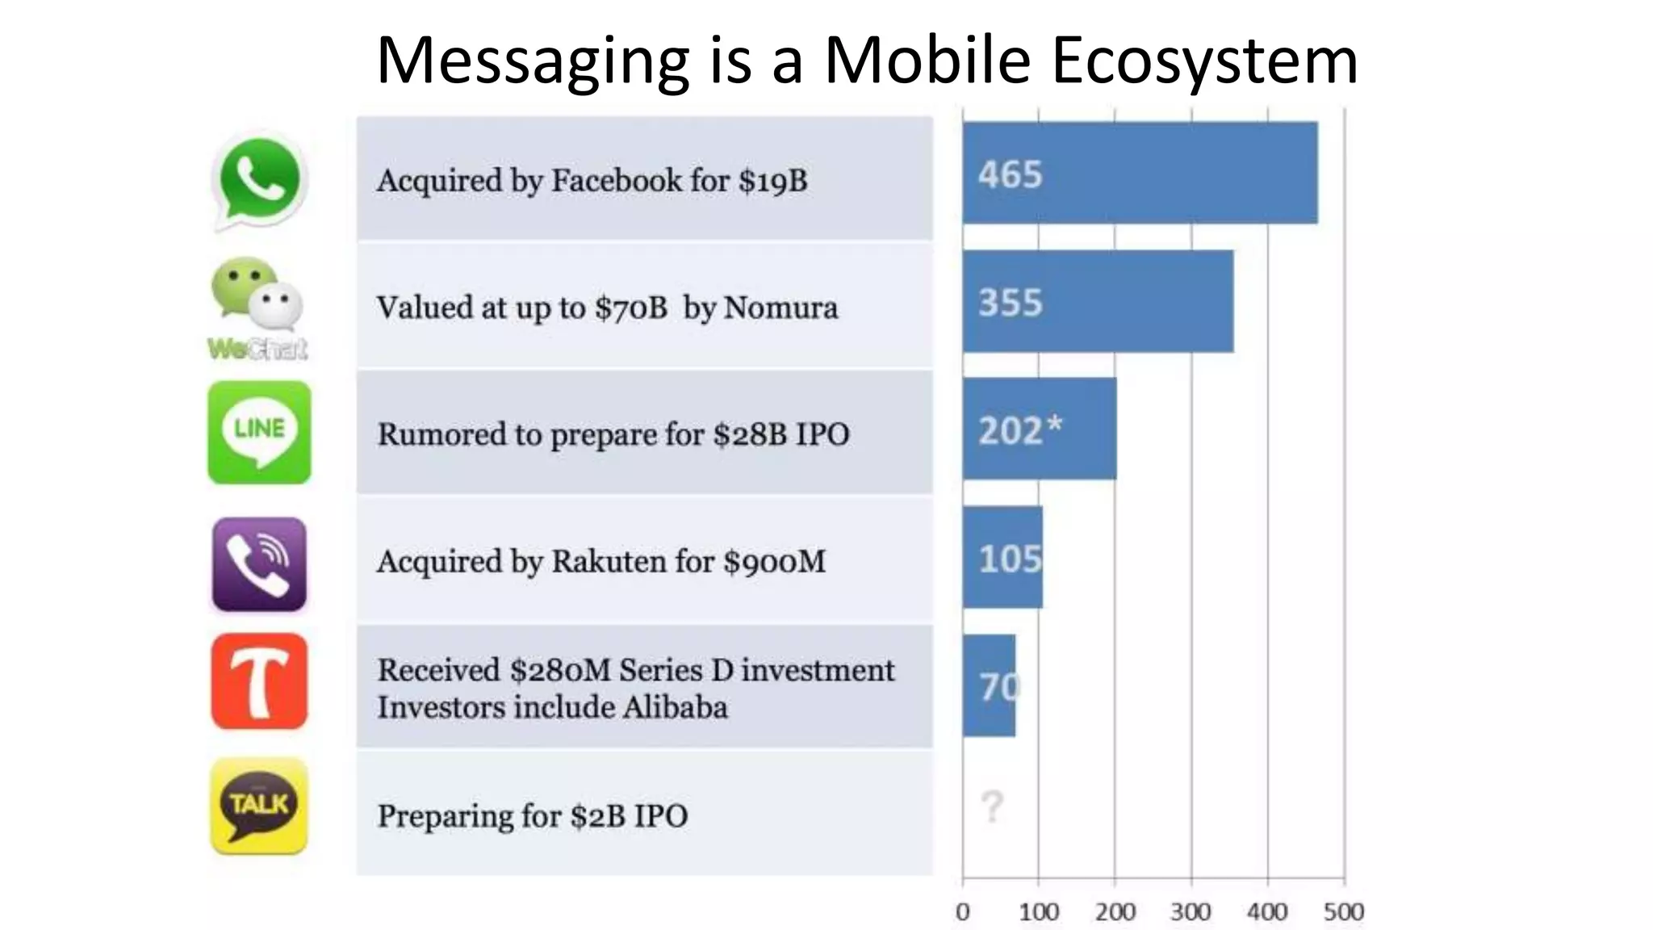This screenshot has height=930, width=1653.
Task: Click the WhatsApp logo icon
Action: pos(259,181)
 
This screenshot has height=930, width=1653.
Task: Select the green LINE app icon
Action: pos(259,433)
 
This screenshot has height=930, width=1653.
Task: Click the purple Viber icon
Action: pos(259,564)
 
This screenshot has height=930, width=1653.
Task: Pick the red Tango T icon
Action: pos(259,681)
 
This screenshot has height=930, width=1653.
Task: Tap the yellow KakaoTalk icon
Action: pos(259,806)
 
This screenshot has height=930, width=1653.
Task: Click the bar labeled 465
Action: pos(1140,173)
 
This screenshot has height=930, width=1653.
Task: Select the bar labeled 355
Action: pos(1098,301)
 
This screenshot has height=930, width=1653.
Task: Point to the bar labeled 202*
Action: pos(1040,429)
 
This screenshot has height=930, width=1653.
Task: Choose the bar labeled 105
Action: pos(1002,557)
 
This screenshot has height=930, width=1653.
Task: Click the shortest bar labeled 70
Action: pos(990,685)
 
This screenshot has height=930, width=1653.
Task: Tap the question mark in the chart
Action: pos(992,806)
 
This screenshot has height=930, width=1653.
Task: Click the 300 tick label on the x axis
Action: pos(1191,912)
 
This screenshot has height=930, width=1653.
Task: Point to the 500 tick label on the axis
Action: pos(1344,912)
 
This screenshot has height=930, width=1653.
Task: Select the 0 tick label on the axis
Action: pos(962,912)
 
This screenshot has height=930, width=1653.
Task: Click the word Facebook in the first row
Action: pos(617,180)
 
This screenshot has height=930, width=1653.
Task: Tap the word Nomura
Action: pos(780,308)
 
